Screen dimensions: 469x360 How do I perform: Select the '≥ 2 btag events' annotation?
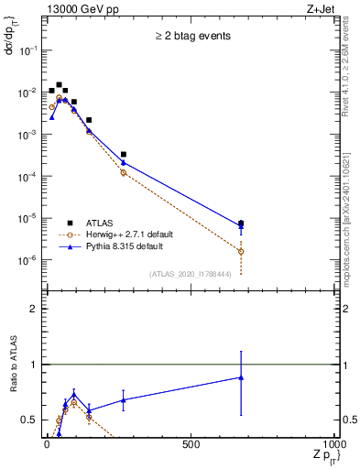click(191, 36)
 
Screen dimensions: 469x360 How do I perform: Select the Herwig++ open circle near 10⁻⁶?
click(241, 251)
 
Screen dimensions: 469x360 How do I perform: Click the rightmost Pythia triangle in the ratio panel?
click(241, 377)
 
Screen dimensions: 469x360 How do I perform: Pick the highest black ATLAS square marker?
click(60, 85)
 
